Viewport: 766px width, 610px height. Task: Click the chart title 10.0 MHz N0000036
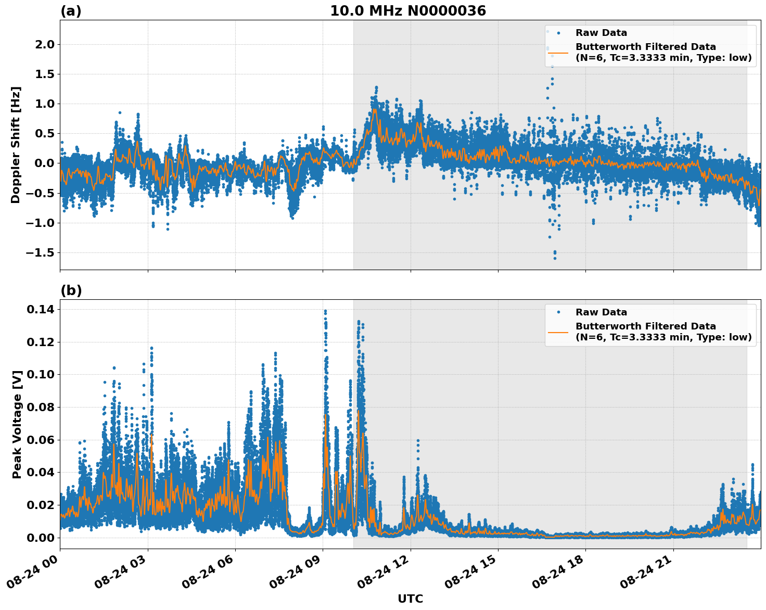pos(407,11)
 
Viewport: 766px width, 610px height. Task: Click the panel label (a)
pos(71,11)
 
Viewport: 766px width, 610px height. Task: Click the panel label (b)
pos(71,290)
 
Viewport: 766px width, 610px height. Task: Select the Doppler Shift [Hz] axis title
pos(16,145)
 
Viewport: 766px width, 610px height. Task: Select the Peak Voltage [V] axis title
pos(17,424)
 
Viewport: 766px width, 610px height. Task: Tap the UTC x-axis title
pos(410,599)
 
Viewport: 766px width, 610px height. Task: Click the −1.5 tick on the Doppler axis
pos(40,253)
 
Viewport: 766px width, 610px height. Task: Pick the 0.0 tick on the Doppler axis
pos(44,163)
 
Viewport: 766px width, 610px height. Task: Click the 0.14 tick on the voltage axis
pos(41,310)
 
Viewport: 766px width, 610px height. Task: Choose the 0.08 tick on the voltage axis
pos(41,408)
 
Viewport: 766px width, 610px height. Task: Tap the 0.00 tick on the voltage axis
pos(41,538)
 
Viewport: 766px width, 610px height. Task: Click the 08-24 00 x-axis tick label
pos(35,574)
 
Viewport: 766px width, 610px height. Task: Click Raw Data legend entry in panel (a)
pos(601,33)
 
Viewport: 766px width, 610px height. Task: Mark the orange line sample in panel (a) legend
pos(558,52)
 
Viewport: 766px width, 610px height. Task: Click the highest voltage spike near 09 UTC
pos(325,311)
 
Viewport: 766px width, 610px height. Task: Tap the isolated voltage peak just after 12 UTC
pos(417,440)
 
